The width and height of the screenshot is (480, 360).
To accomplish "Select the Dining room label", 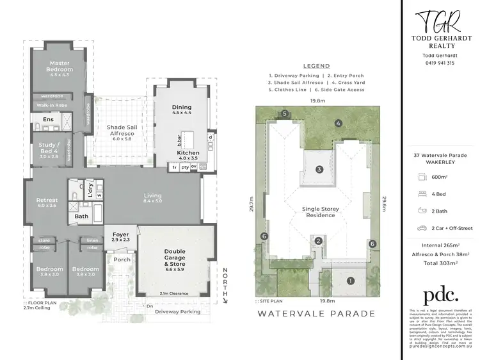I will click(x=182, y=110).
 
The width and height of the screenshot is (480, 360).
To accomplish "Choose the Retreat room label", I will click(x=47, y=202).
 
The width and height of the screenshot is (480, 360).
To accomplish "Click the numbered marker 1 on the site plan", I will click(x=350, y=280).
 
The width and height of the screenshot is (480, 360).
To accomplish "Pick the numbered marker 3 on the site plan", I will click(x=318, y=170).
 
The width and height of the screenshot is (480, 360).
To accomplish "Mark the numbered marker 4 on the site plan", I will click(x=338, y=123).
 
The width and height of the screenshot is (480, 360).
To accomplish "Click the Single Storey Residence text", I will click(x=319, y=211).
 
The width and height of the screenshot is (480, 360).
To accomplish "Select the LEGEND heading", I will click(x=317, y=66).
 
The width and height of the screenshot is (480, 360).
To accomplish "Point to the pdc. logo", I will click(x=441, y=295).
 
